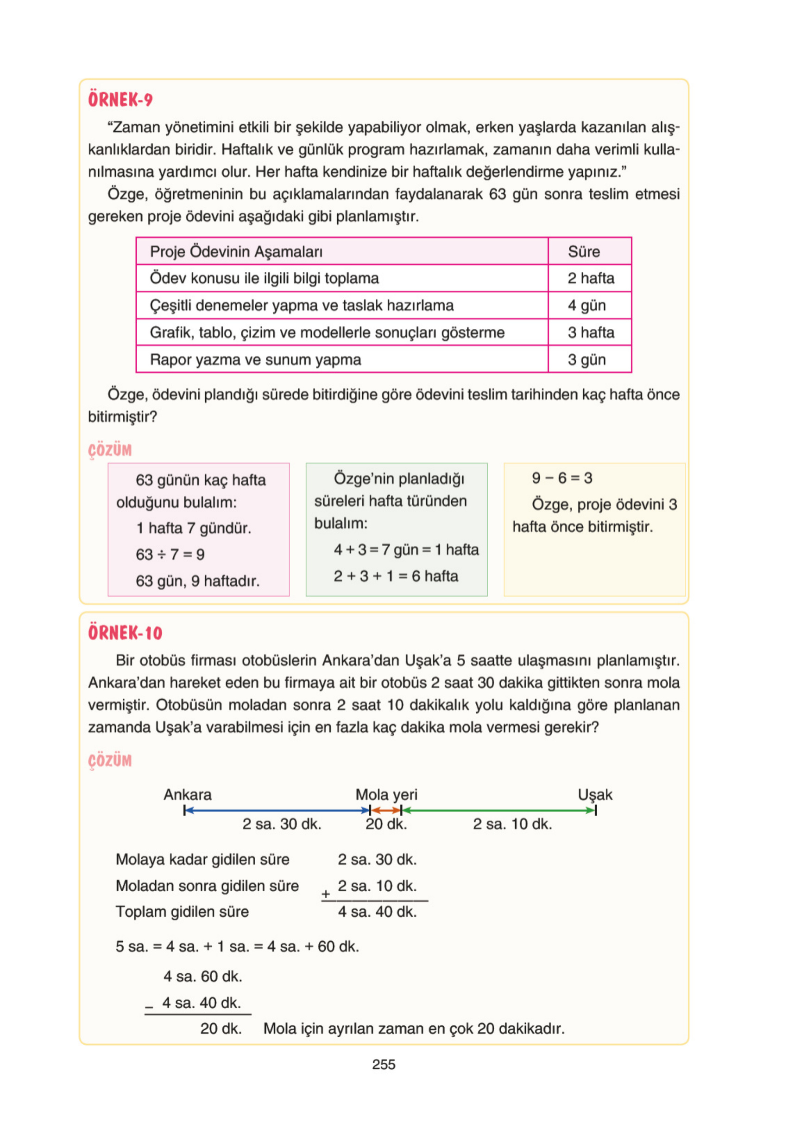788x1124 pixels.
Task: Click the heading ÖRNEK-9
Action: pos(120,100)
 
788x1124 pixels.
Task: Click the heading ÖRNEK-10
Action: pos(125,633)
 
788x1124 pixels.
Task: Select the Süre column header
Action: pos(584,252)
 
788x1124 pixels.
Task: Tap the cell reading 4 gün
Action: pos(586,306)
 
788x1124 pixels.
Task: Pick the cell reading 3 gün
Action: pos(586,360)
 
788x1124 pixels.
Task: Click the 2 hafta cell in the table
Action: pos(590,279)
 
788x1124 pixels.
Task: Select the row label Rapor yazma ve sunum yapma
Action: pos(255,360)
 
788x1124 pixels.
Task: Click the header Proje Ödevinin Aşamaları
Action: pos(236,252)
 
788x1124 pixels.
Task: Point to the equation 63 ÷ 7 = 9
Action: pos(170,555)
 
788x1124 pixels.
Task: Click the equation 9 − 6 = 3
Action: pos(562,478)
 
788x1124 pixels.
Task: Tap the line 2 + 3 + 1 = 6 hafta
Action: pos(396,576)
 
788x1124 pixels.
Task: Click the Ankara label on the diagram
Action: pos(187,794)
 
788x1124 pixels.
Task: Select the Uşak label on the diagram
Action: pos(595,794)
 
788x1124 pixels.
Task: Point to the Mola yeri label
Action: pos(386,794)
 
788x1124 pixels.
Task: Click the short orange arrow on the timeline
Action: pos(385,811)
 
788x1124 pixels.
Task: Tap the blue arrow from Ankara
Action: pos(277,811)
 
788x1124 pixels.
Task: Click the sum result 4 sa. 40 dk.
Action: pos(377,912)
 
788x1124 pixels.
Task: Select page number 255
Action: pos(384,1065)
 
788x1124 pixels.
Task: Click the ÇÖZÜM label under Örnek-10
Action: pos(110,761)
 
